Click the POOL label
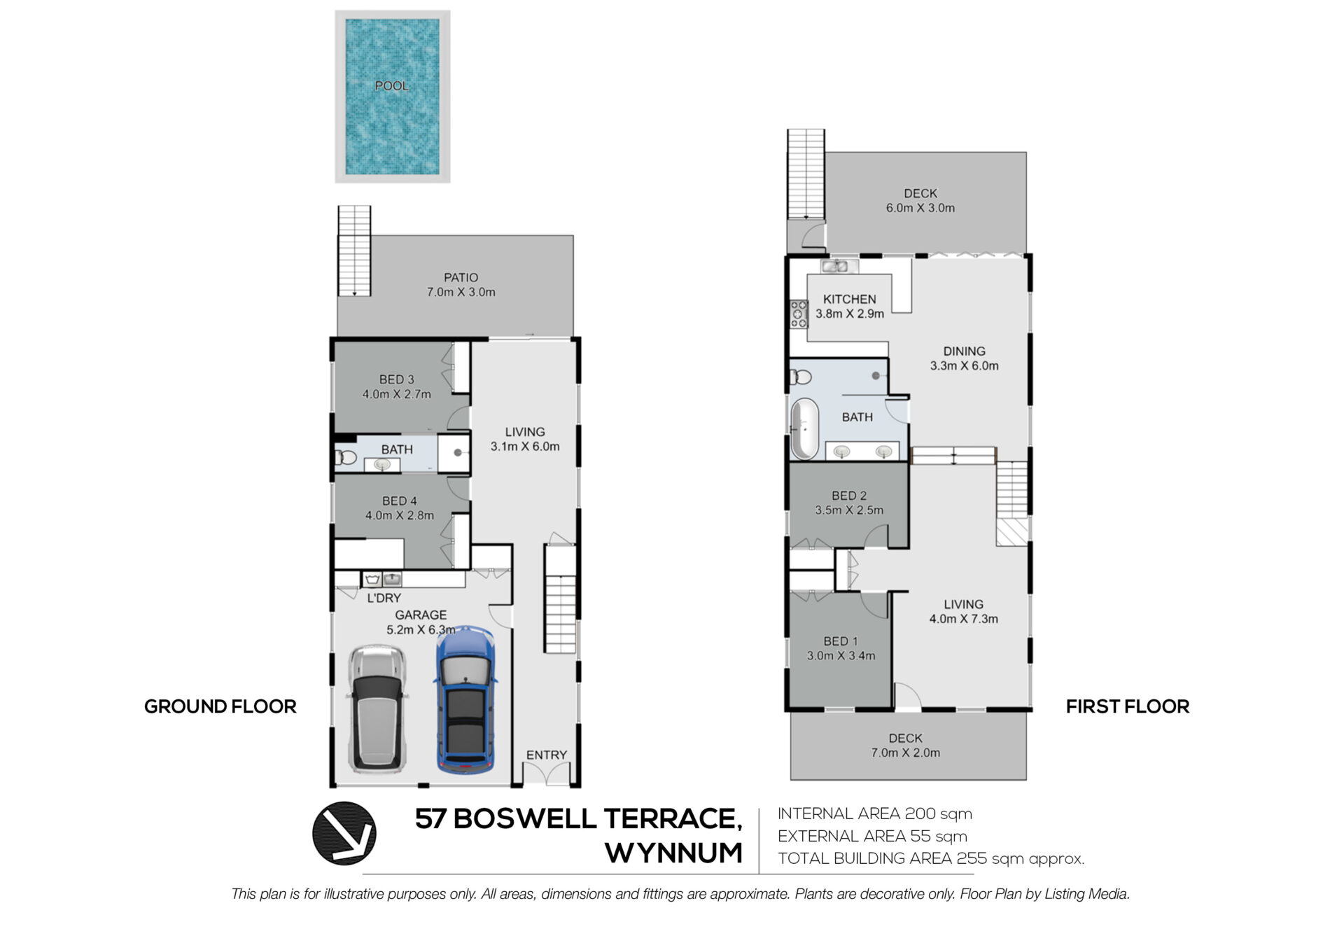[391, 86]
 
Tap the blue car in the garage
[465, 700]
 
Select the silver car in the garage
[377, 709]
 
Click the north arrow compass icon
[344, 833]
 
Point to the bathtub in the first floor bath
[804, 428]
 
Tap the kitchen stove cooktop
[799, 314]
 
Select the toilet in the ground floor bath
[346, 458]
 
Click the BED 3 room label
[397, 379]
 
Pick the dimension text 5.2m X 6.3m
[421, 630]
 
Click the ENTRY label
[547, 755]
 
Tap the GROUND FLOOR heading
[220, 706]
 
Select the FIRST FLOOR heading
[1128, 706]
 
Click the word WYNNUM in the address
[673, 853]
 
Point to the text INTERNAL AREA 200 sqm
[875, 813]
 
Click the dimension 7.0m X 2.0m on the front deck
[906, 753]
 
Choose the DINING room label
[964, 351]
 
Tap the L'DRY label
[384, 598]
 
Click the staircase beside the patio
[354, 251]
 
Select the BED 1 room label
[841, 641]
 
